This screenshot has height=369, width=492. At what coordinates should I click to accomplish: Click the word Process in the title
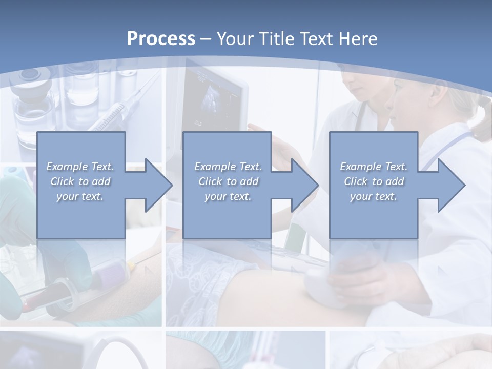click(161, 39)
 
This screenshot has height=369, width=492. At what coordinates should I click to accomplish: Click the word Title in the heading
click(275, 39)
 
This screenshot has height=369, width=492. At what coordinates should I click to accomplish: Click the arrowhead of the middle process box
click(303, 185)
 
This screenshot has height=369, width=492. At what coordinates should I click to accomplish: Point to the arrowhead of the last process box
click(450, 185)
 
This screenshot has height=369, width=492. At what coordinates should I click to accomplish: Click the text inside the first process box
click(80, 181)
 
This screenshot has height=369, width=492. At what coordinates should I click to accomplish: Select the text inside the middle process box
click(228, 181)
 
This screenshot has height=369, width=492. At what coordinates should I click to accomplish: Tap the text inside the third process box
click(374, 181)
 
